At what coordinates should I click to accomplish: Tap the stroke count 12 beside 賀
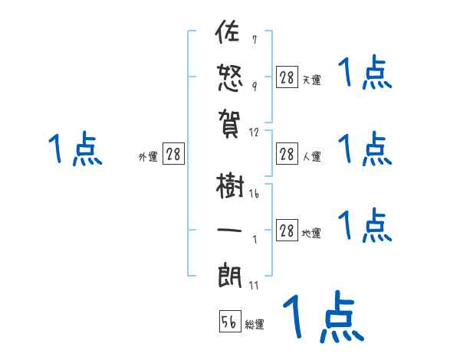(x=255, y=132)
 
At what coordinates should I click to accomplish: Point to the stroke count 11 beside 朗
(x=255, y=285)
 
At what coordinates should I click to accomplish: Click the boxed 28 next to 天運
(x=287, y=77)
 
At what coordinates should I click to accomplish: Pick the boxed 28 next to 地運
(x=287, y=231)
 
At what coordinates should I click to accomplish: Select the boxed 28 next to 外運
(x=173, y=155)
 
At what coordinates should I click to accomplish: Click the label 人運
(x=311, y=156)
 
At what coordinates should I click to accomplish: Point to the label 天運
(x=311, y=79)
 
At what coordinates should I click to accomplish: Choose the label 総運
(x=255, y=324)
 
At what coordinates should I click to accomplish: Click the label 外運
(x=148, y=156)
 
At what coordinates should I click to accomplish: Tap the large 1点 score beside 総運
(x=322, y=316)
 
